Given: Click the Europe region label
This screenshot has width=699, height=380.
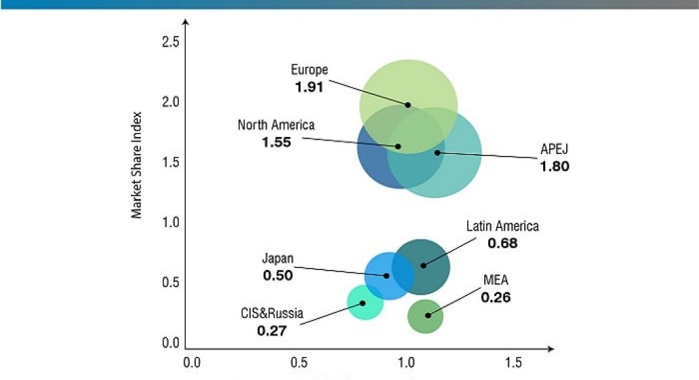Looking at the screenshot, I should tap(310, 70).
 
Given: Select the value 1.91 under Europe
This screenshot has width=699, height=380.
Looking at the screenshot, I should tap(310, 86).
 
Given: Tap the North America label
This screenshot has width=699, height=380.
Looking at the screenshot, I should tap(276, 125).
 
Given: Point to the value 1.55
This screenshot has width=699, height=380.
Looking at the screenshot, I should tap(276, 142).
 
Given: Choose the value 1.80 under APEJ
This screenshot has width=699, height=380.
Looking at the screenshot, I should tap(554, 166).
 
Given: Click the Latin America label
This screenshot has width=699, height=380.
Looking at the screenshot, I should tap(503, 227).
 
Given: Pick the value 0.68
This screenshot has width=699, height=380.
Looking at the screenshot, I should tap(503, 244).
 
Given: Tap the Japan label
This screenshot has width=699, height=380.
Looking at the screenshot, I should tap(278, 259).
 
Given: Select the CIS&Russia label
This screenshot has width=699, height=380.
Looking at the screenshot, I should tap(272, 314).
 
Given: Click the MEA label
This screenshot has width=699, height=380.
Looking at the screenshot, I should tap(495, 281).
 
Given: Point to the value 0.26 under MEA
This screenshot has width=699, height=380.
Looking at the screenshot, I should tap(495, 297).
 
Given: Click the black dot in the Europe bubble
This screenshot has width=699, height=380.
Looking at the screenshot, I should tap(408, 105).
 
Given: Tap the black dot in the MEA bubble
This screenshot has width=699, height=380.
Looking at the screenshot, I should tap(428, 315).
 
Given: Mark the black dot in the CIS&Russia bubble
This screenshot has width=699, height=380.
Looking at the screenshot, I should tap(363, 303).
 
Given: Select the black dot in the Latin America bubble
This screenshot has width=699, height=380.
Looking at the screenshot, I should tap(423, 265).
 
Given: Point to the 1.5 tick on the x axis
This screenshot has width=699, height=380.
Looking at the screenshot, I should tap(514, 362).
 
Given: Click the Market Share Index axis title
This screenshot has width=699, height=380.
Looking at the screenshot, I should tap(137, 169).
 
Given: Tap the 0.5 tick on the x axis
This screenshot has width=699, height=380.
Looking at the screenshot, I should tap(299, 362).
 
